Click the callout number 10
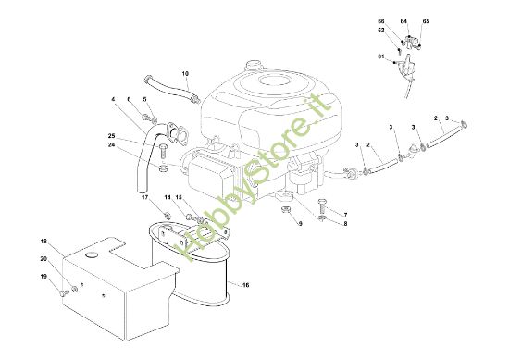(185, 74)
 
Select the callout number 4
(113, 99)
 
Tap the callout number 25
(112, 136)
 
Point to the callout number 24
(112, 144)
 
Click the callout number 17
(144, 197)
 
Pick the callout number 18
(43, 242)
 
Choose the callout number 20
(43, 259)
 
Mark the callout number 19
(43, 277)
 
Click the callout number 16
(246, 285)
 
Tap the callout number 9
(300, 223)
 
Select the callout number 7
(345, 215)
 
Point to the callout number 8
(345, 224)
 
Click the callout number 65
(426, 21)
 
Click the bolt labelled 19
(64, 293)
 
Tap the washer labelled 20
(75, 288)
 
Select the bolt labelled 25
(163, 151)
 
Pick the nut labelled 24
(163, 168)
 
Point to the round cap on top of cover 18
(92, 254)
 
